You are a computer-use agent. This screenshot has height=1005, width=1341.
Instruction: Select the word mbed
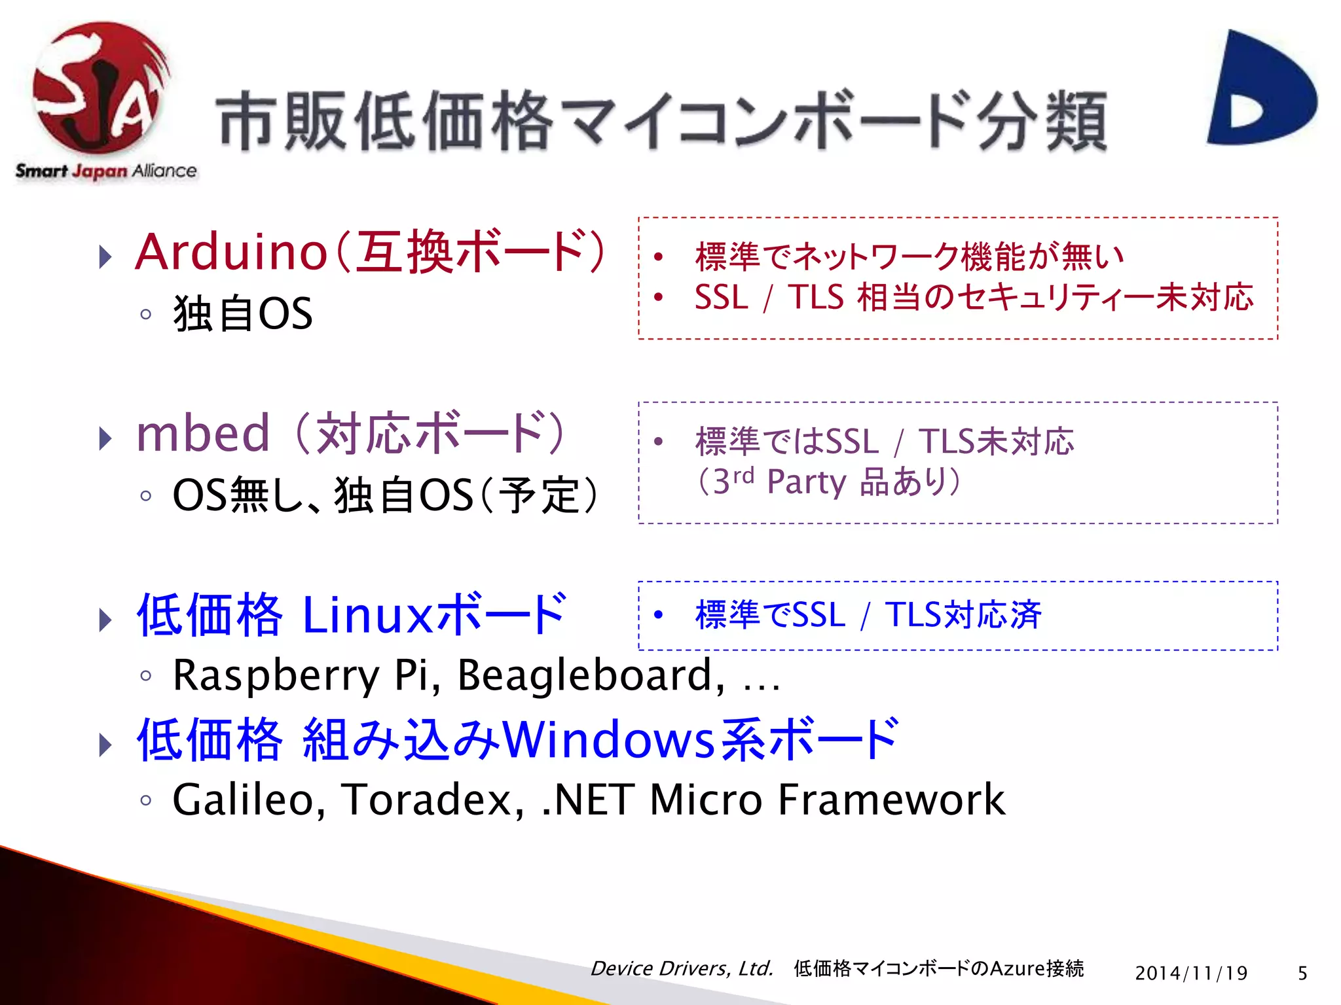203,434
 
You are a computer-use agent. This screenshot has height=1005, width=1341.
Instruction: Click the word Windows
609,740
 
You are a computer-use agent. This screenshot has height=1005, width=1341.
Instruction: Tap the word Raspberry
276,676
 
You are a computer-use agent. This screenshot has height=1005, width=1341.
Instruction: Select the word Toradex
432,800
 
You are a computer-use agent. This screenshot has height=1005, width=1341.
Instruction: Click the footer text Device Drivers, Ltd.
682,968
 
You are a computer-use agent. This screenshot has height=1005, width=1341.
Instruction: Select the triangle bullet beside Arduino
105,256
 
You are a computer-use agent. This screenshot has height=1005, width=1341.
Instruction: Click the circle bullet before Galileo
146,800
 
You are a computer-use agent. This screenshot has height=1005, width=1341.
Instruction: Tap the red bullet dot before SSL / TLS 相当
659,297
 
